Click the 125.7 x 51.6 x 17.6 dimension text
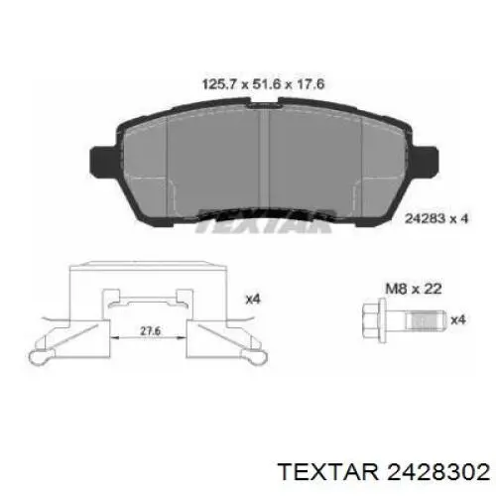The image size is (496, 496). pyautogui.click(x=263, y=84)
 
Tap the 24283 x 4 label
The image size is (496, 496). pyautogui.click(x=436, y=218)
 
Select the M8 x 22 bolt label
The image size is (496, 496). pyautogui.click(x=414, y=289)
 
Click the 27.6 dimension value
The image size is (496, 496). pyautogui.click(x=150, y=330)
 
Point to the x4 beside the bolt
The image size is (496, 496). pyautogui.click(x=458, y=319)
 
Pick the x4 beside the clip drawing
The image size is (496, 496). pyautogui.click(x=253, y=300)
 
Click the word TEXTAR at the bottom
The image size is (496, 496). pyautogui.click(x=328, y=472)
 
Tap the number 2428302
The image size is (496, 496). pyautogui.click(x=438, y=472)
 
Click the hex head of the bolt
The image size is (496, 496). pyautogui.click(x=370, y=320)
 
